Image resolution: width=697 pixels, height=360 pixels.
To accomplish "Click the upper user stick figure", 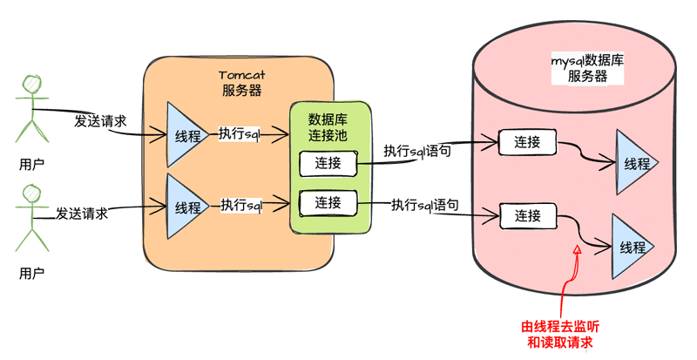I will click(32, 108).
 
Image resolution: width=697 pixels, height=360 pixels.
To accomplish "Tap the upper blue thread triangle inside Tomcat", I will click(186, 135).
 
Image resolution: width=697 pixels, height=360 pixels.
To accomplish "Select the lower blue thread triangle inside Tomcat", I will click(186, 207).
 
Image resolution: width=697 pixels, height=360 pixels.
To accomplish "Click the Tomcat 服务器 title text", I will click(241, 83).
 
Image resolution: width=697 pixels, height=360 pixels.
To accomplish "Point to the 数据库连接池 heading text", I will click(328, 127).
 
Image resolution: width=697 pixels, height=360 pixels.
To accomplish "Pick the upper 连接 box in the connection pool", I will click(328, 163).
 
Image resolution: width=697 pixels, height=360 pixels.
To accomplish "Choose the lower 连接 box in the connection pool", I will click(328, 202).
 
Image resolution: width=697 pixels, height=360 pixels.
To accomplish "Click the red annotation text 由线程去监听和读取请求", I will click(560, 335).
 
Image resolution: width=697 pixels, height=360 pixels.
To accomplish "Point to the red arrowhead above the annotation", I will click(576, 252).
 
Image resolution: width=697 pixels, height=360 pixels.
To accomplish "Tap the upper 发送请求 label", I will click(100, 121).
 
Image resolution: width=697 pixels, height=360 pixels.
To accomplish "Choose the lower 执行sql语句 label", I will click(426, 206).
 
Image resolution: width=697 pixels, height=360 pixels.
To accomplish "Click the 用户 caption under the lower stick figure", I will click(32, 274).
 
